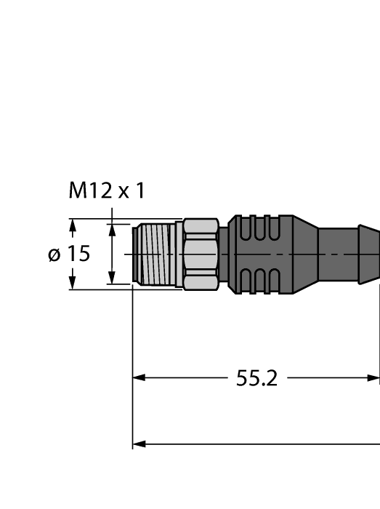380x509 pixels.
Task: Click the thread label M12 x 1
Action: coord(106,191)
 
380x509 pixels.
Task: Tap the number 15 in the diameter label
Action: coord(78,254)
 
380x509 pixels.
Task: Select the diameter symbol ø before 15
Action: coord(54,255)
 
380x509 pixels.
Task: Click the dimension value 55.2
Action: coord(256,378)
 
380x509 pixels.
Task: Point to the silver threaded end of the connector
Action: coord(155,254)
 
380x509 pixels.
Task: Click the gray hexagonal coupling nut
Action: coord(201,254)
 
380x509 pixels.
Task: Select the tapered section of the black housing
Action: coord(305,254)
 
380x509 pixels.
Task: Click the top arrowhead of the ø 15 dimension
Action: coord(72,225)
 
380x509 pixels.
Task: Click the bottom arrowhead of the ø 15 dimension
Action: coord(72,282)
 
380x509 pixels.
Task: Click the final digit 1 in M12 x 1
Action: coord(140,191)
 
